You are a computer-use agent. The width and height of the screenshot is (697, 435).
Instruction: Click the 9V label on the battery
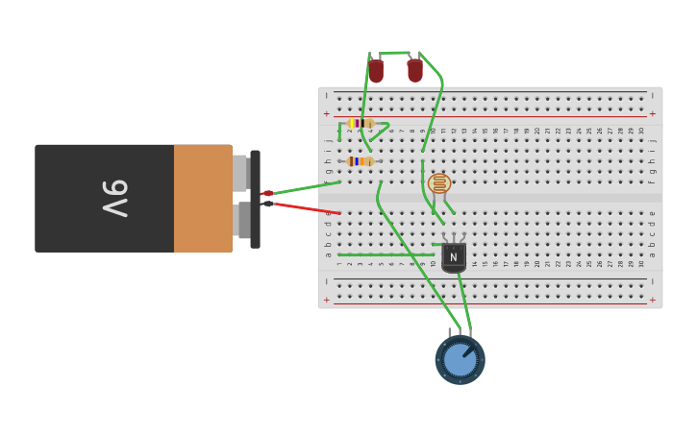(x=115, y=198)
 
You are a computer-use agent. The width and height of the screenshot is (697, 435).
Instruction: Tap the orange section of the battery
(x=203, y=198)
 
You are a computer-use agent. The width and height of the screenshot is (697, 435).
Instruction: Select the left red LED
(x=376, y=71)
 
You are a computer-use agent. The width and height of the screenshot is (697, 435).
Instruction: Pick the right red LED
(x=414, y=70)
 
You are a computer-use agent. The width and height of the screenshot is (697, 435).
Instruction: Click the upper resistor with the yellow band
(x=361, y=124)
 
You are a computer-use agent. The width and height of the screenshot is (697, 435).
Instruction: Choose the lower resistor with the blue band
(x=360, y=161)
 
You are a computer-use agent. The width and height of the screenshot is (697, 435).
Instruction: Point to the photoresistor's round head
(x=439, y=183)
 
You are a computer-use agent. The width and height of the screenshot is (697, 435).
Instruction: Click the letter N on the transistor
(x=453, y=256)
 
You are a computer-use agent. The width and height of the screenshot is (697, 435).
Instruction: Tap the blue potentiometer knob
(x=460, y=360)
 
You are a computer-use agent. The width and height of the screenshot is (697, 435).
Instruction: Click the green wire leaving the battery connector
(x=306, y=186)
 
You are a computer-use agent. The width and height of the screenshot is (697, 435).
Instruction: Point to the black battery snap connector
(x=255, y=199)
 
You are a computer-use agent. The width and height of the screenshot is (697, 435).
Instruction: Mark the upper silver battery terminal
(x=240, y=173)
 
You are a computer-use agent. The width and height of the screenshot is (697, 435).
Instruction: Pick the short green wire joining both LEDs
(x=395, y=53)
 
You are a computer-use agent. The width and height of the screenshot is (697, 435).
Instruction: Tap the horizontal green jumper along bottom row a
(x=385, y=254)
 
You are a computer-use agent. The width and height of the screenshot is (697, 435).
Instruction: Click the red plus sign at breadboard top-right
(x=652, y=113)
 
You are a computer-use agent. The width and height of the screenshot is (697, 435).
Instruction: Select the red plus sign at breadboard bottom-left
(x=327, y=300)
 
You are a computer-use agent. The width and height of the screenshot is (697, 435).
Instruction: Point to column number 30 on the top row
(x=641, y=131)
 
